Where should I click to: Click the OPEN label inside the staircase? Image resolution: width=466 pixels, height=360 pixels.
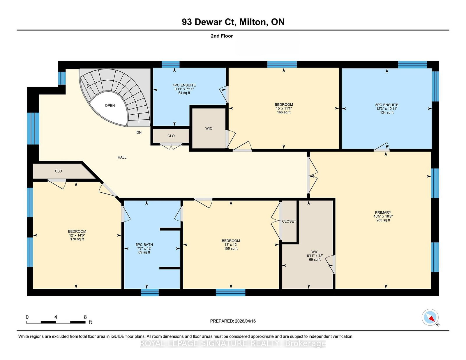pyautogui.click(x=110, y=105)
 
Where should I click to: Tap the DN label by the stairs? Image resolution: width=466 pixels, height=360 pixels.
pyautogui.click(x=139, y=132)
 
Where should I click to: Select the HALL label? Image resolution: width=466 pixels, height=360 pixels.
pyautogui.click(x=122, y=157)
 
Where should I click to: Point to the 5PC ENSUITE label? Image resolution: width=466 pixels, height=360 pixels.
pyautogui.click(x=387, y=105)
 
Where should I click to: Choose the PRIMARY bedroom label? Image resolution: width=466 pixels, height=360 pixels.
pyautogui.click(x=383, y=212)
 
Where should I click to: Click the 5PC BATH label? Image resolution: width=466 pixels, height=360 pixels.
pyautogui.click(x=144, y=245)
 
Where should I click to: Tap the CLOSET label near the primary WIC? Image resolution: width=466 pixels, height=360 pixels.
pyautogui.click(x=289, y=221)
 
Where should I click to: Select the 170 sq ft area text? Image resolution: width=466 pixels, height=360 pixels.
pyautogui.click(x=77, y=239)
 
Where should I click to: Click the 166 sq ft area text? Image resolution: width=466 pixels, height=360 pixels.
pyautogui.click(x=284, y=112)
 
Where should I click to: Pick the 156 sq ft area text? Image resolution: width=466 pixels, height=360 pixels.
pyautogui.click(x=231, y=249)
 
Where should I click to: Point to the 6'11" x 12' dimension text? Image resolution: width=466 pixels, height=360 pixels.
pyautogui.click(x=315, y=256)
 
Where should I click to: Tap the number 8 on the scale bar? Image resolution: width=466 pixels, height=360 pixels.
pyautogui.click(x=85, y=317)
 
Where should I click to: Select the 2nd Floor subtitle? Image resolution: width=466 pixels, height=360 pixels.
pyautogui.click(x=222, y=36)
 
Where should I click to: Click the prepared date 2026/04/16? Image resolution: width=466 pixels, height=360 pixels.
pyautogui.click(x=245, y=321)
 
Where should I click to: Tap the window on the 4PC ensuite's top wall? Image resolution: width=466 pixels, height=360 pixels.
pyautogui.click(x=170, y=65)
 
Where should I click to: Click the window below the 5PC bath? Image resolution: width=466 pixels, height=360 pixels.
pyautogui.click(x=150, y=293)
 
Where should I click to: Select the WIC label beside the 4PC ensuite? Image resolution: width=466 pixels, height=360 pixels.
pyautogui.click(x=209, y=128)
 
